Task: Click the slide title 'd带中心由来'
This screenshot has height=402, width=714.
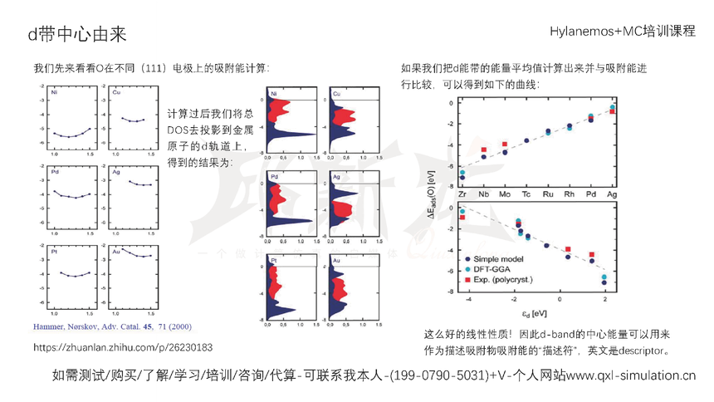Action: click(x=77, y=32)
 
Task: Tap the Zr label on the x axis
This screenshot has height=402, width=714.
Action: click(x=462, y=194)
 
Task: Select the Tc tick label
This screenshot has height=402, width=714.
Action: click(x=526, y=194)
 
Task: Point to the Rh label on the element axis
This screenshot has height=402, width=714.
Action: click(x=569, y=194)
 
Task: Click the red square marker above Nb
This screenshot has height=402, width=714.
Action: click(x=483, y=150)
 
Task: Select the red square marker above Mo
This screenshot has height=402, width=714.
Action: click(x=504, y=145)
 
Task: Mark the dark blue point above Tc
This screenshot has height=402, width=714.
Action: click(x=526, y=140)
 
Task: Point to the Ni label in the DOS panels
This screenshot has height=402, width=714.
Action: click(x=273, y=96)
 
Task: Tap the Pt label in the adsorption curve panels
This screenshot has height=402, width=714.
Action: click(x=55, y=248)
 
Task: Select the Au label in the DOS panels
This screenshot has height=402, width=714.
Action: click(x=336, y=261)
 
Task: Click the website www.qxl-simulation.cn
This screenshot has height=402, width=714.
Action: click(x=631, y=375)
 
